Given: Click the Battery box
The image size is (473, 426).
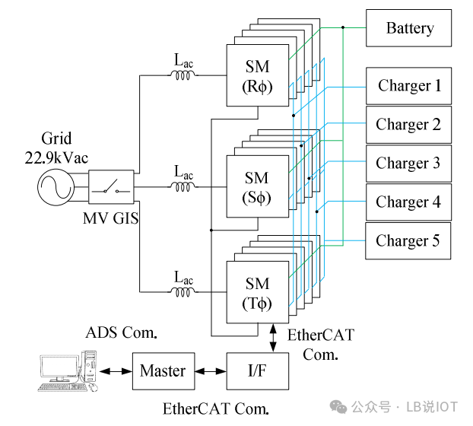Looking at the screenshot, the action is pyautogui.click(x=409, y=28).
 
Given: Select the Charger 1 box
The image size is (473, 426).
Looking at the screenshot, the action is pyautogui.click(x=409, y=86).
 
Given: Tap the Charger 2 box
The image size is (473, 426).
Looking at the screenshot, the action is pyautogui.click(x=409, y=125).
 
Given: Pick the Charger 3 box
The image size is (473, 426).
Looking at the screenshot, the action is pyautogui.click(x=409, y=164).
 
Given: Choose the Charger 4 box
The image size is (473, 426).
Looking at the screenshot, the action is pyautogui.click(x=409, y=202).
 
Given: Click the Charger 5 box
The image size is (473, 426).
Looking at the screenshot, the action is pyautogui.click(x=408, y=240).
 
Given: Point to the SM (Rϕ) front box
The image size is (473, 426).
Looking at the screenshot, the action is pyautogui.click(x=258, y=75).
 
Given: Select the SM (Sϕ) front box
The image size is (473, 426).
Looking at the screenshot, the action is pyautogui.click(x=258, y=186).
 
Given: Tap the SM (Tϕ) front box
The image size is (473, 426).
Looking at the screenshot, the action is pyautogui.click(x=258, y=292).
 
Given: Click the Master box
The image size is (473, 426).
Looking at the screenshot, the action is pyautogui.click(x=163, y=371).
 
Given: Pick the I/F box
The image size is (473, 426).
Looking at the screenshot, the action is pyautogui.click(x=258, y=371).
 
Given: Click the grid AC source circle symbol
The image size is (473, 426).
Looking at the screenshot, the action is pyautogui.click(x=56, y=187).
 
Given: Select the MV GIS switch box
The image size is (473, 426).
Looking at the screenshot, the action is pyautogui.click(x=111, y=186).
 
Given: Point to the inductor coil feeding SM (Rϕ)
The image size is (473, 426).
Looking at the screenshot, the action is pyautogui.click(x=183, y=75).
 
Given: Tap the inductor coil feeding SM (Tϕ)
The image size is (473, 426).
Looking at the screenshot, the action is pyautogui.click(x=183, y=292).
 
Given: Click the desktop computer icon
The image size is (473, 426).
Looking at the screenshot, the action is pyautogui.click(x=68, y=371).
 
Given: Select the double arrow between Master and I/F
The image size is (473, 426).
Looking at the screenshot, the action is pyautogui.click(x=211, y=371).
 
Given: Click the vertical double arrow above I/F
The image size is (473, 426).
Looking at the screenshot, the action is pyautogui.click(x=273, y=338).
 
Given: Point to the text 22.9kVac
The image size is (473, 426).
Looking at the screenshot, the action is pyautogui.click(x=56, y=157).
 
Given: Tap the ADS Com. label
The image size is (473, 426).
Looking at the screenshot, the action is pyautogui.click(x=121, y=332).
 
